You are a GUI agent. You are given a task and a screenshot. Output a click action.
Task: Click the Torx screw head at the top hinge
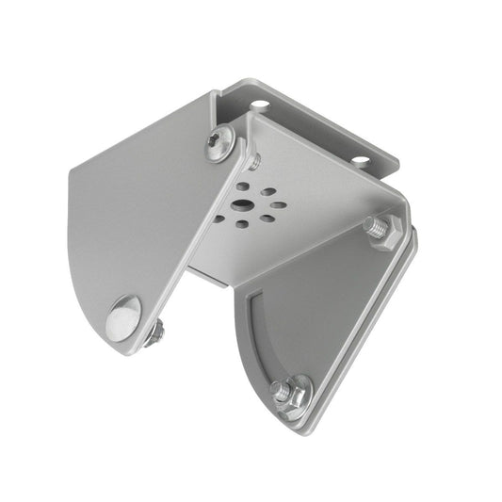coord(220,142)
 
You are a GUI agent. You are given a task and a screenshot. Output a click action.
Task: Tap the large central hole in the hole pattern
coord(244,204)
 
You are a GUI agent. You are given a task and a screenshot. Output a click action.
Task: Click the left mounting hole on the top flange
coord(258,105)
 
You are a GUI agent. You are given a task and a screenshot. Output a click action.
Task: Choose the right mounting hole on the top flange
coord(360,160)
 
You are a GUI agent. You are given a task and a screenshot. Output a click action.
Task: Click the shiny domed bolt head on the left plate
coord(124,317)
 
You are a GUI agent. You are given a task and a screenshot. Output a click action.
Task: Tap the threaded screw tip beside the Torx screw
coord(252,162)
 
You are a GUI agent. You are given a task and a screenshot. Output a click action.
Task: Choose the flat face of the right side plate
coord(320,311)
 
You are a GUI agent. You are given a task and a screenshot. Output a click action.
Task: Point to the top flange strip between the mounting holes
coord(311,127)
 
